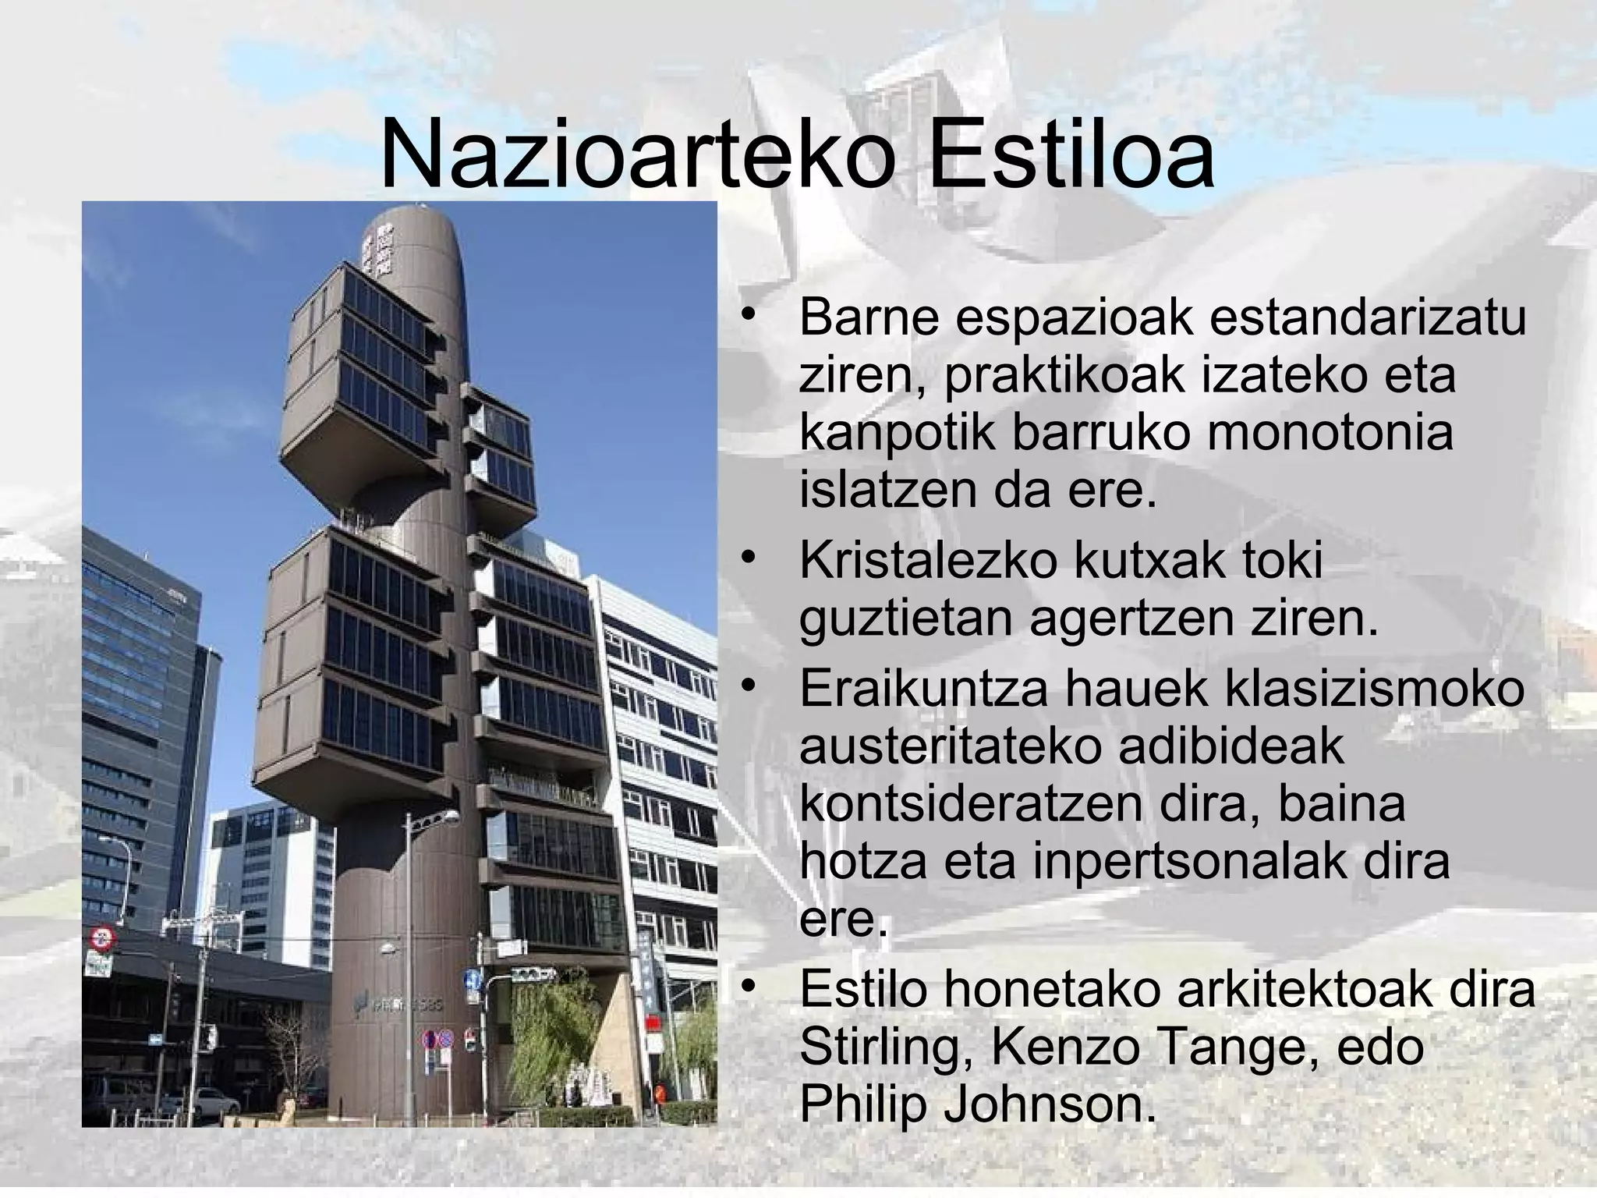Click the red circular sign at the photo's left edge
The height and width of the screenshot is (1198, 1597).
pos(101,938)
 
